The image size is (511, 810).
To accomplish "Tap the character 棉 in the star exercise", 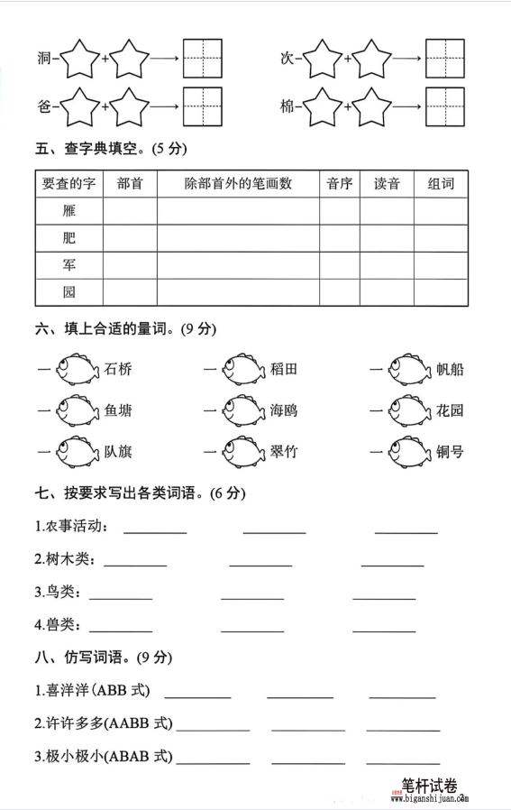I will pos(287,106).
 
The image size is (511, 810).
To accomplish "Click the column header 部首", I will pos(130,184).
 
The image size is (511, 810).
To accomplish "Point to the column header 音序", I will pos(339,184).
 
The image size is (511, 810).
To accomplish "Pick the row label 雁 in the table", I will pos(69,211).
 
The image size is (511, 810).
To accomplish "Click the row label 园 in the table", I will pos(69,292).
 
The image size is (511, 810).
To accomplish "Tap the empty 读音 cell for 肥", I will pos(387,238).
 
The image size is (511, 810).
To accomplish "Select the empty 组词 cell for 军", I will pos(441,265).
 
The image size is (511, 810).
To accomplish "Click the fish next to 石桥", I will pos(77,369).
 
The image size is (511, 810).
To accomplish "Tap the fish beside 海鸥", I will pos(242,410).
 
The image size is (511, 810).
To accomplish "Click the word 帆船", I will pos(450,369).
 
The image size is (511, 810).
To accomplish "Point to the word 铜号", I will pos(450,451).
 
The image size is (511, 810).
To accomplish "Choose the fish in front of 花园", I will pos(410,410).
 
